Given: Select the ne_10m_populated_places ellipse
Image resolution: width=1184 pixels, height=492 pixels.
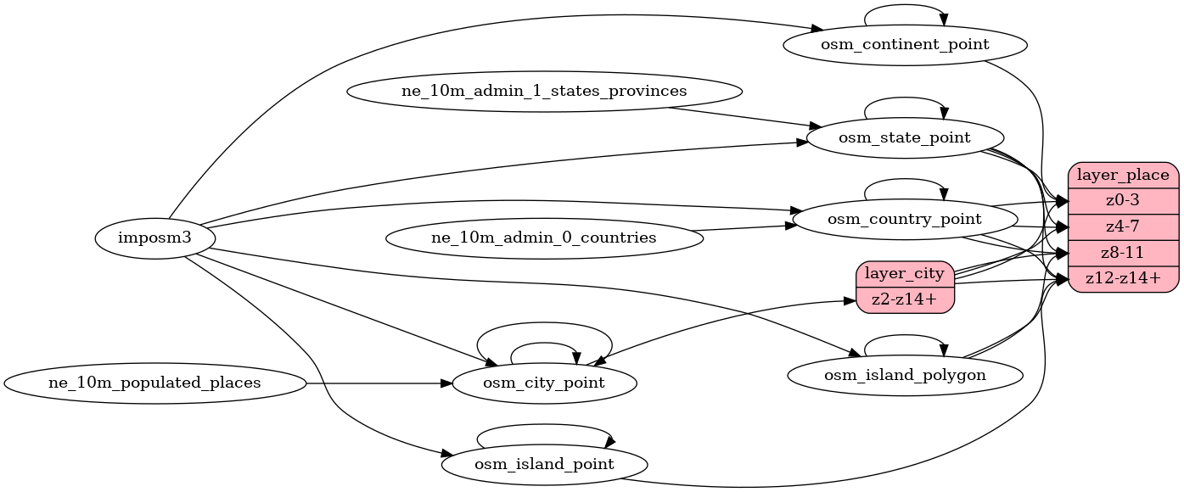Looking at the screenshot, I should (x=154, y=383).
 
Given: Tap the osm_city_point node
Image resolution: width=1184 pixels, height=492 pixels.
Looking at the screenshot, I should (x=544, y=383).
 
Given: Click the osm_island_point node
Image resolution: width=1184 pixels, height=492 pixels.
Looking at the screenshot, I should (x=544, y=464).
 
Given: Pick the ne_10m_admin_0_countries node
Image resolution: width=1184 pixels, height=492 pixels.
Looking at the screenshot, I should (x=544, y=238).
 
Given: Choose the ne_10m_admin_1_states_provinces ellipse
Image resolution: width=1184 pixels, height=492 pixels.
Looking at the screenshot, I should (x=544, y=91).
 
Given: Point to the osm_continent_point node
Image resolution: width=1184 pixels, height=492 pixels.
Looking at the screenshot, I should (x=905, y=44).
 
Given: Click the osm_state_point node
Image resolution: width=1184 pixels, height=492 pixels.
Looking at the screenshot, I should (x=905, y=137).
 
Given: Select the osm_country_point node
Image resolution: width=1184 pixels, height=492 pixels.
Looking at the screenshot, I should (x=905, y=219).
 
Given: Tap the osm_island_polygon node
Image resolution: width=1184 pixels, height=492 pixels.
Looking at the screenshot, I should (x=905, y=374).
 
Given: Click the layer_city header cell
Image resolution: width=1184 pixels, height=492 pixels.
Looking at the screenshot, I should (x=905, y=274).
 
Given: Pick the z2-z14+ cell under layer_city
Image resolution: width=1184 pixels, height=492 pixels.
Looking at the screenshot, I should (x=905, y=299).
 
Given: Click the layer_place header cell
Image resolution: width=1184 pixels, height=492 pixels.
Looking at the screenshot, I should (x=1123, y=176).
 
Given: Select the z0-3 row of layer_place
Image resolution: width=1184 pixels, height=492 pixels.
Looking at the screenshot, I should (x=1123, y=201).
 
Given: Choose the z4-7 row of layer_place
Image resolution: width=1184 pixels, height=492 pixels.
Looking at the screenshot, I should (x=1123, y=226).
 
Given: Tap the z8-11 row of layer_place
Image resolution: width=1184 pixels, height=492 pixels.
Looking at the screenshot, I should (x=1123, y=252).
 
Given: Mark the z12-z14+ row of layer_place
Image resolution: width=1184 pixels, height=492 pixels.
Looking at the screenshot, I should (x=1123, y=277).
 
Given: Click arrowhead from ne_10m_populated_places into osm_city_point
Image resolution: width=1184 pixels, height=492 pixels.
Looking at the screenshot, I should (x=445, y=383).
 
